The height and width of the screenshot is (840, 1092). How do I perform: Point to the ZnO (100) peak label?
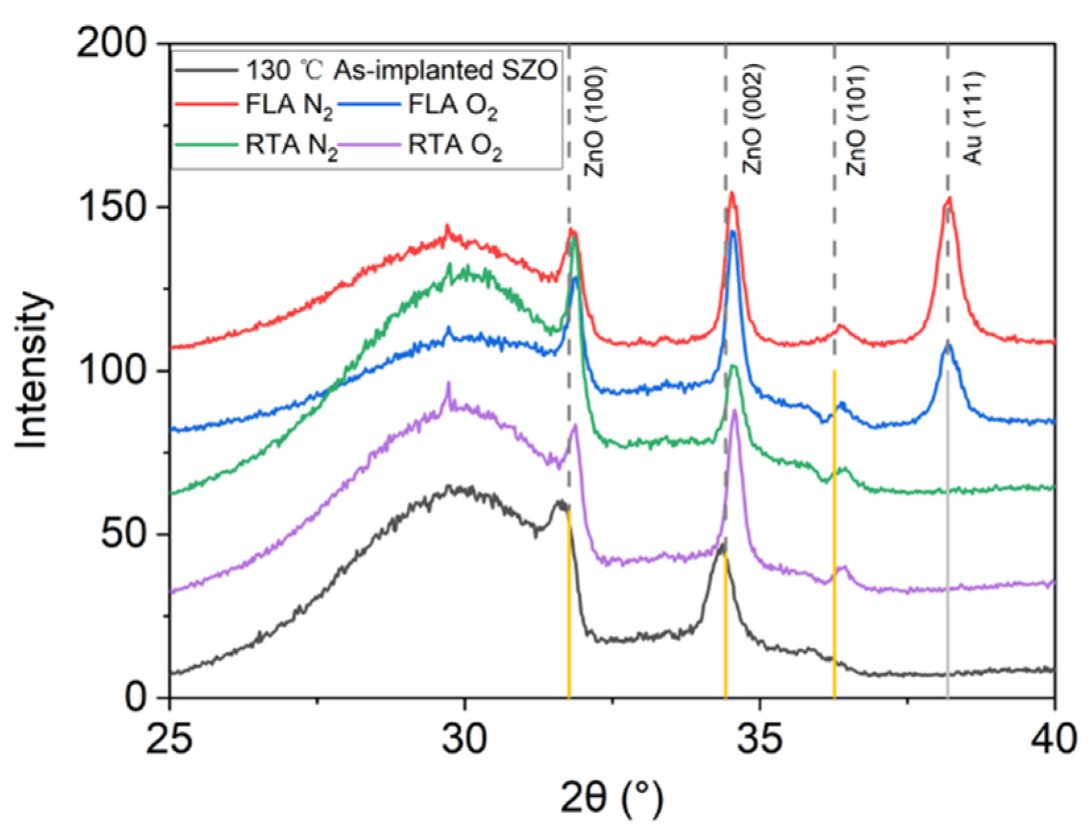pyautogui.click(x=594, y=121)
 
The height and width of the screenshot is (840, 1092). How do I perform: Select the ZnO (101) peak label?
pyautogui.click(x=856, y=121)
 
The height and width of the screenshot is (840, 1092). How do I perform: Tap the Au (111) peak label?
pyautogui.click(x=973, y=117)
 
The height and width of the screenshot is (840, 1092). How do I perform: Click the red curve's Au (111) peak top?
pyautogui.click(x=949, y=198)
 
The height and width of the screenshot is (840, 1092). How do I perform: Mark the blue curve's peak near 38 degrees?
pyautogui.click(x=948, y=344)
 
